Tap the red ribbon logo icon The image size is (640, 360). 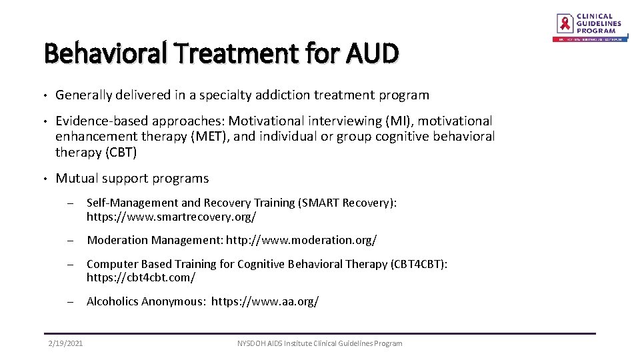565,23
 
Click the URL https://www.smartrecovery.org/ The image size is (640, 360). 171,217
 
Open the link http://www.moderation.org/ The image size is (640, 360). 301,240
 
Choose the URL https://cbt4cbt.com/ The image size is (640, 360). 141,277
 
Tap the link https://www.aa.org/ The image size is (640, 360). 265,301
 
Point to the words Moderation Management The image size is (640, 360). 155,240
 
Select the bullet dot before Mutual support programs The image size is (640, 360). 44,179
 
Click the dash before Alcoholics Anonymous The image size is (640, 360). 69,301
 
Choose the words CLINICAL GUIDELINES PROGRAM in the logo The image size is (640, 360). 598,23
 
